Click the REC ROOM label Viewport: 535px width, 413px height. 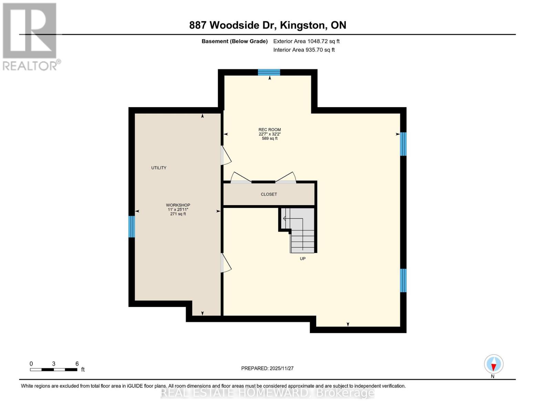point(269,130)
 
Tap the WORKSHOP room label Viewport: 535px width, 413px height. point(178,205)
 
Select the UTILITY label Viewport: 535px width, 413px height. point(158,168)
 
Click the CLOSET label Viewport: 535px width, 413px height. point(269,194)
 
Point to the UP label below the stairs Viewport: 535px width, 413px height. point(302,259)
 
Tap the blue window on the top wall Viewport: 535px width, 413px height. point(269,72)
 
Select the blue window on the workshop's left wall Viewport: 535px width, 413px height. point(132,226)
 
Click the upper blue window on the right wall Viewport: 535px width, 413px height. point(403,144)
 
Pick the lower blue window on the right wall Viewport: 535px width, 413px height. point(403,280)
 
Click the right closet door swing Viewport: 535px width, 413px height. point(286,178)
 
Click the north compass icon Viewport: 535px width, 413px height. point(494,364)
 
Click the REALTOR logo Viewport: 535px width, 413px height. point(30,36)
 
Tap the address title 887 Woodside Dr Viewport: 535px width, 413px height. point(267,25)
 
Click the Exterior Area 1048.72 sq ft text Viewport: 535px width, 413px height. point(306,41)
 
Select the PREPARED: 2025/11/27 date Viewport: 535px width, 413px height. point(267,368)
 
